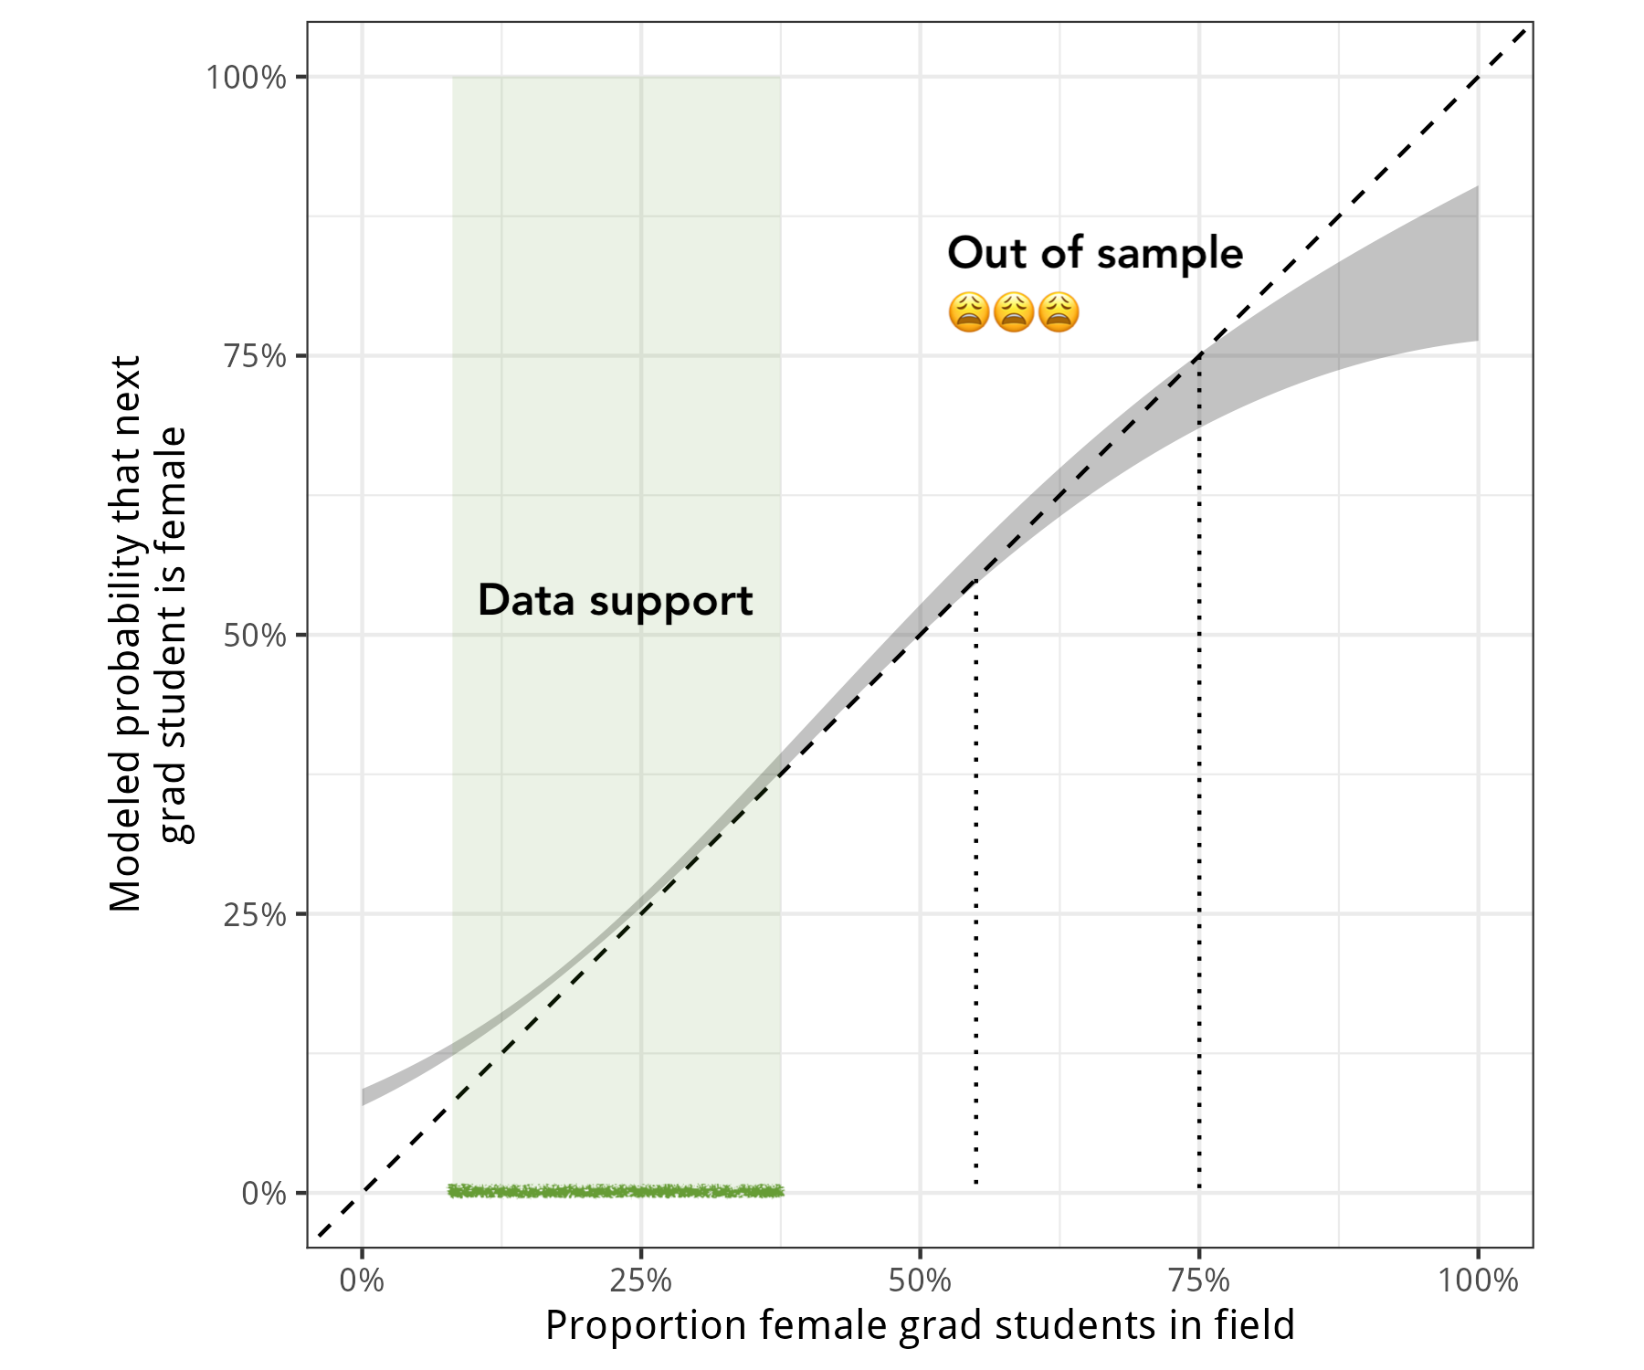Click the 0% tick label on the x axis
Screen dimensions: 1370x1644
point(362,1280)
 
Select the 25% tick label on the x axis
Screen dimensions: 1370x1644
point(640,1280)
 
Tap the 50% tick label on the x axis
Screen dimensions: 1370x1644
point(920,1280)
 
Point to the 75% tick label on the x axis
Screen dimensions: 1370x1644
point(1199,1280)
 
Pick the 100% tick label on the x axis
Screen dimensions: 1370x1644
point(1478,1280)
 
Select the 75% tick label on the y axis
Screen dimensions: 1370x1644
point(255,356)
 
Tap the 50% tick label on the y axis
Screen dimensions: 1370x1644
point(255,636)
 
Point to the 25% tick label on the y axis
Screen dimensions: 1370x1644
point(255,914)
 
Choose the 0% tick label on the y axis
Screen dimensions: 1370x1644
point(264,1194)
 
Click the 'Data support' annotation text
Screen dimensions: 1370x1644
point(615,601)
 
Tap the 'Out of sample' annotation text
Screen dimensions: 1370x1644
point(1095,253)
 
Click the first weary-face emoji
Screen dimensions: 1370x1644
point(969,312)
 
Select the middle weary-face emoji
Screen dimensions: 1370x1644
point(1014,312)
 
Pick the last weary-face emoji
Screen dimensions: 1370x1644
point(1059,312)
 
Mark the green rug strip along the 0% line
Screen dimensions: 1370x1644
point(616,1190)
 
